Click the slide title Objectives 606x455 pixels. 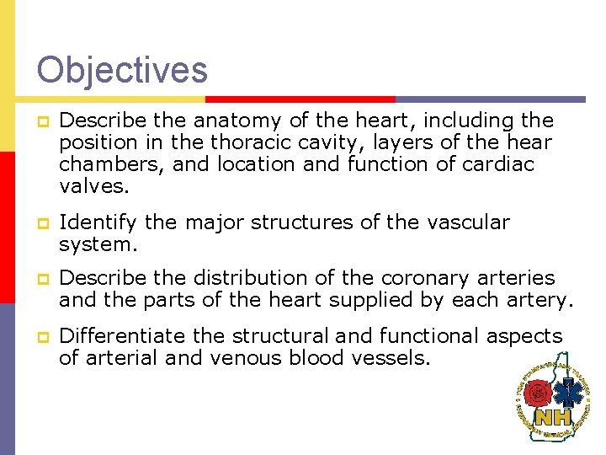122,69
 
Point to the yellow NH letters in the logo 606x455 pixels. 554,417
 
